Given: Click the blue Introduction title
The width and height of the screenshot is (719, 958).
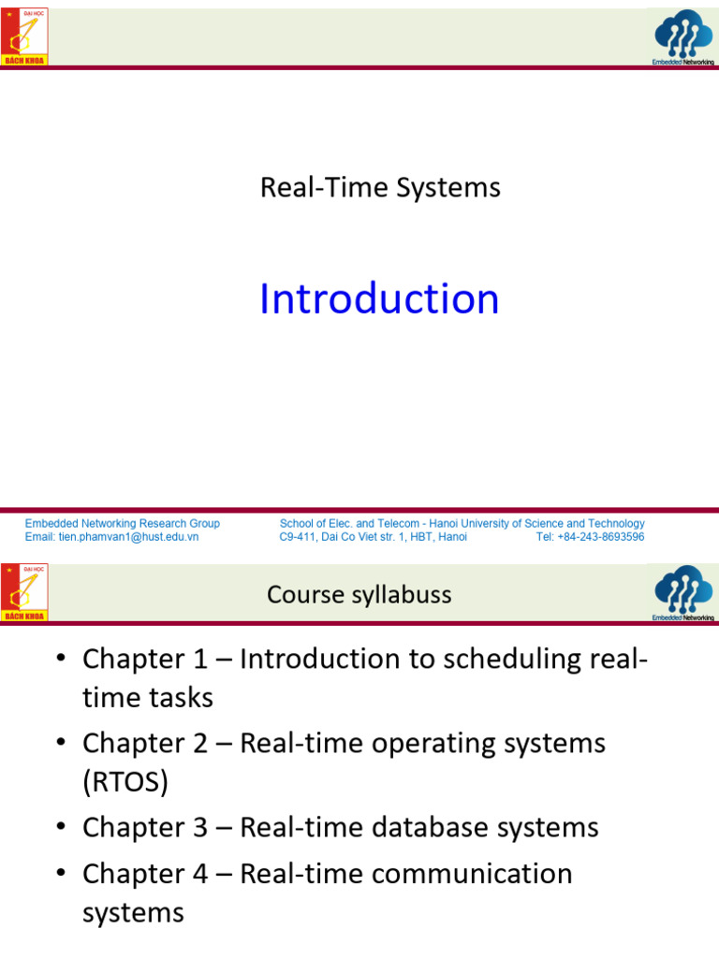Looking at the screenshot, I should [x=379, y=299].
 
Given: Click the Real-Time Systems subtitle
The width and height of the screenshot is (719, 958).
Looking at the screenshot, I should [x=380, y=188].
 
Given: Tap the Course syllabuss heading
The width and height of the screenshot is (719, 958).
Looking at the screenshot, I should [x=359, y=595].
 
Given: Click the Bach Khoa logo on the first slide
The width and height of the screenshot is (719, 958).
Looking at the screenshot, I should [x=24, y=37].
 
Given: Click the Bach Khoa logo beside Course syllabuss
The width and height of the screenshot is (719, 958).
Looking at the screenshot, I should [x=24, y=592].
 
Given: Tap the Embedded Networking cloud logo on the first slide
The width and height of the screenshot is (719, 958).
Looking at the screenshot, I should [x=682, y=38].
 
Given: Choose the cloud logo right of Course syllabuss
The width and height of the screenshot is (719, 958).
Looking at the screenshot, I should [x=682, y=593].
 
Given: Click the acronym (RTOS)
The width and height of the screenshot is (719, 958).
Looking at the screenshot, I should [x=125, y=782].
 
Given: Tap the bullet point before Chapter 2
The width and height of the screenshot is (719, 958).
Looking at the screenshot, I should [x=61, y=743].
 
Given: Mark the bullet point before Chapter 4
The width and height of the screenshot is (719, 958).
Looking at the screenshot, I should [x=61, y=873].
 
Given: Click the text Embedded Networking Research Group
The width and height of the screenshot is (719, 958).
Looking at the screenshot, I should [x=123, y=524].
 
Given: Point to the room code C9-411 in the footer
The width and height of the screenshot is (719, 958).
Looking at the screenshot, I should [x=301, y=537].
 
